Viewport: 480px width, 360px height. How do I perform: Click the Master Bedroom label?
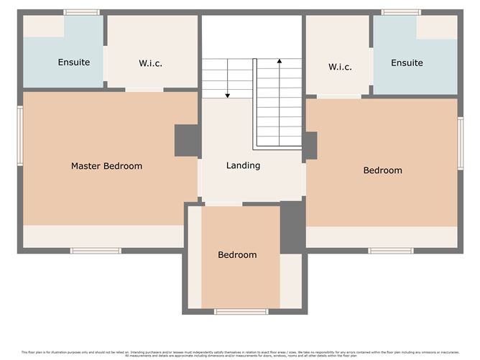tap(106, 166)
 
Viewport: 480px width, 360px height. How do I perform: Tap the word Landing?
tap(243, 165)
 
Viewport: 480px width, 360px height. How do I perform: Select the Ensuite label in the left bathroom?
tap(74, 63)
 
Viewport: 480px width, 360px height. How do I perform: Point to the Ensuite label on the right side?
tap(407, 63)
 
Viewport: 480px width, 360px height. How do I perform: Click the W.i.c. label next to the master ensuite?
tap(150, 63)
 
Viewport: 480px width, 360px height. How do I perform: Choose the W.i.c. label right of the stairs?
tap(340, 67)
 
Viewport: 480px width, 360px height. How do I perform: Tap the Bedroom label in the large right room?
tap(382, 170)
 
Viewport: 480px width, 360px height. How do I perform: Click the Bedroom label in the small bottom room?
tap(237, 255)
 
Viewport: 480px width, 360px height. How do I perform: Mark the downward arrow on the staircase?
tap(228, 79)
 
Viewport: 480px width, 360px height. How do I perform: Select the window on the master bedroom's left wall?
tap(20, 136)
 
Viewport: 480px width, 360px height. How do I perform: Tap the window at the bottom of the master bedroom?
tap(96, 250)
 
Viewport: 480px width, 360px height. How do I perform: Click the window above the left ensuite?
tap(81, 12)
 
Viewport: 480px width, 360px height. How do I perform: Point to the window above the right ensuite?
tap(401, 12)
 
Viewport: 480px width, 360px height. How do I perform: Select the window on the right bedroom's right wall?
tap(460, 144)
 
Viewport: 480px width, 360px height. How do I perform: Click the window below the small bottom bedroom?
tap(241, 311)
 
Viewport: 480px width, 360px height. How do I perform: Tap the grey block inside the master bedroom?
tap(187, 140)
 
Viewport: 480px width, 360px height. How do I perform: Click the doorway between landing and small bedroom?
tap(223, 204)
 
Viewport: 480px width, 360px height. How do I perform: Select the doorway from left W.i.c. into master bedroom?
tap(144, 89)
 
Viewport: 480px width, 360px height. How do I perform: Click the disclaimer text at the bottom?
tap(240, 354)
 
